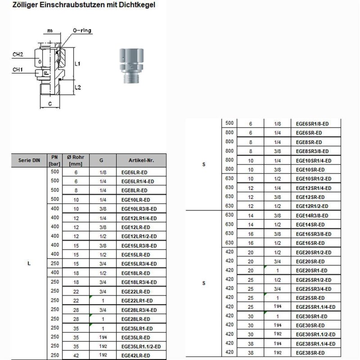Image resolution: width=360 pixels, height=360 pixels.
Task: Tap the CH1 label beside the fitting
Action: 18,70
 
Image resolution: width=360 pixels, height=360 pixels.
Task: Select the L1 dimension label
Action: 77,64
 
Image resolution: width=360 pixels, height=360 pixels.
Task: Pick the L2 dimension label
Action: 77,87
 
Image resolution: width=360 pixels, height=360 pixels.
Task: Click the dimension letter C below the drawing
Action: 49,103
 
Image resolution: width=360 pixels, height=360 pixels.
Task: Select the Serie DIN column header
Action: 29,161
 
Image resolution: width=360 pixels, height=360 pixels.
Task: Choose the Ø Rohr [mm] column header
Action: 76,161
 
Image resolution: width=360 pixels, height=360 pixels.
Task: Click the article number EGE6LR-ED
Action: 134,172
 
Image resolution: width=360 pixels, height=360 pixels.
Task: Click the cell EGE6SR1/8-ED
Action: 314,124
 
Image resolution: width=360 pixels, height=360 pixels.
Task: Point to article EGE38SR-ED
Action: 311,352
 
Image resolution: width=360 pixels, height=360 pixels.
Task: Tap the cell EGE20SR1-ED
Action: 311,270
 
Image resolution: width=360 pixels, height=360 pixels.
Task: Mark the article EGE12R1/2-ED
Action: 312,206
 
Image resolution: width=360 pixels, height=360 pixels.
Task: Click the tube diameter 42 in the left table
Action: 76,355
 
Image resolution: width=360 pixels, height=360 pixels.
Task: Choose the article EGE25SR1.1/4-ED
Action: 315,307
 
